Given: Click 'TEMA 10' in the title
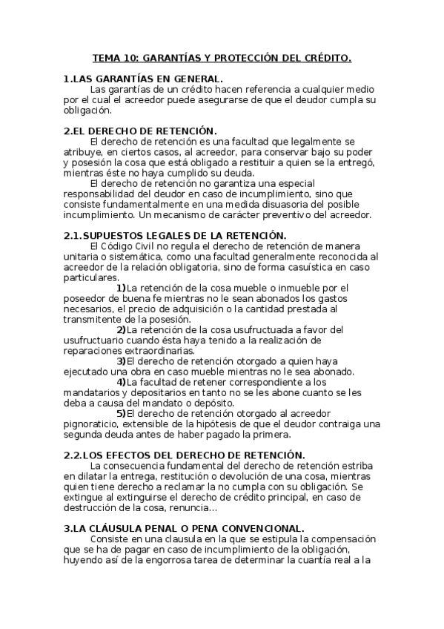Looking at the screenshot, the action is click(114, 56).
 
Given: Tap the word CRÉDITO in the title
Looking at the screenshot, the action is click(324, 56).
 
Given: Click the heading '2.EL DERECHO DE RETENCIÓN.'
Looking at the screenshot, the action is click(139, 130).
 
